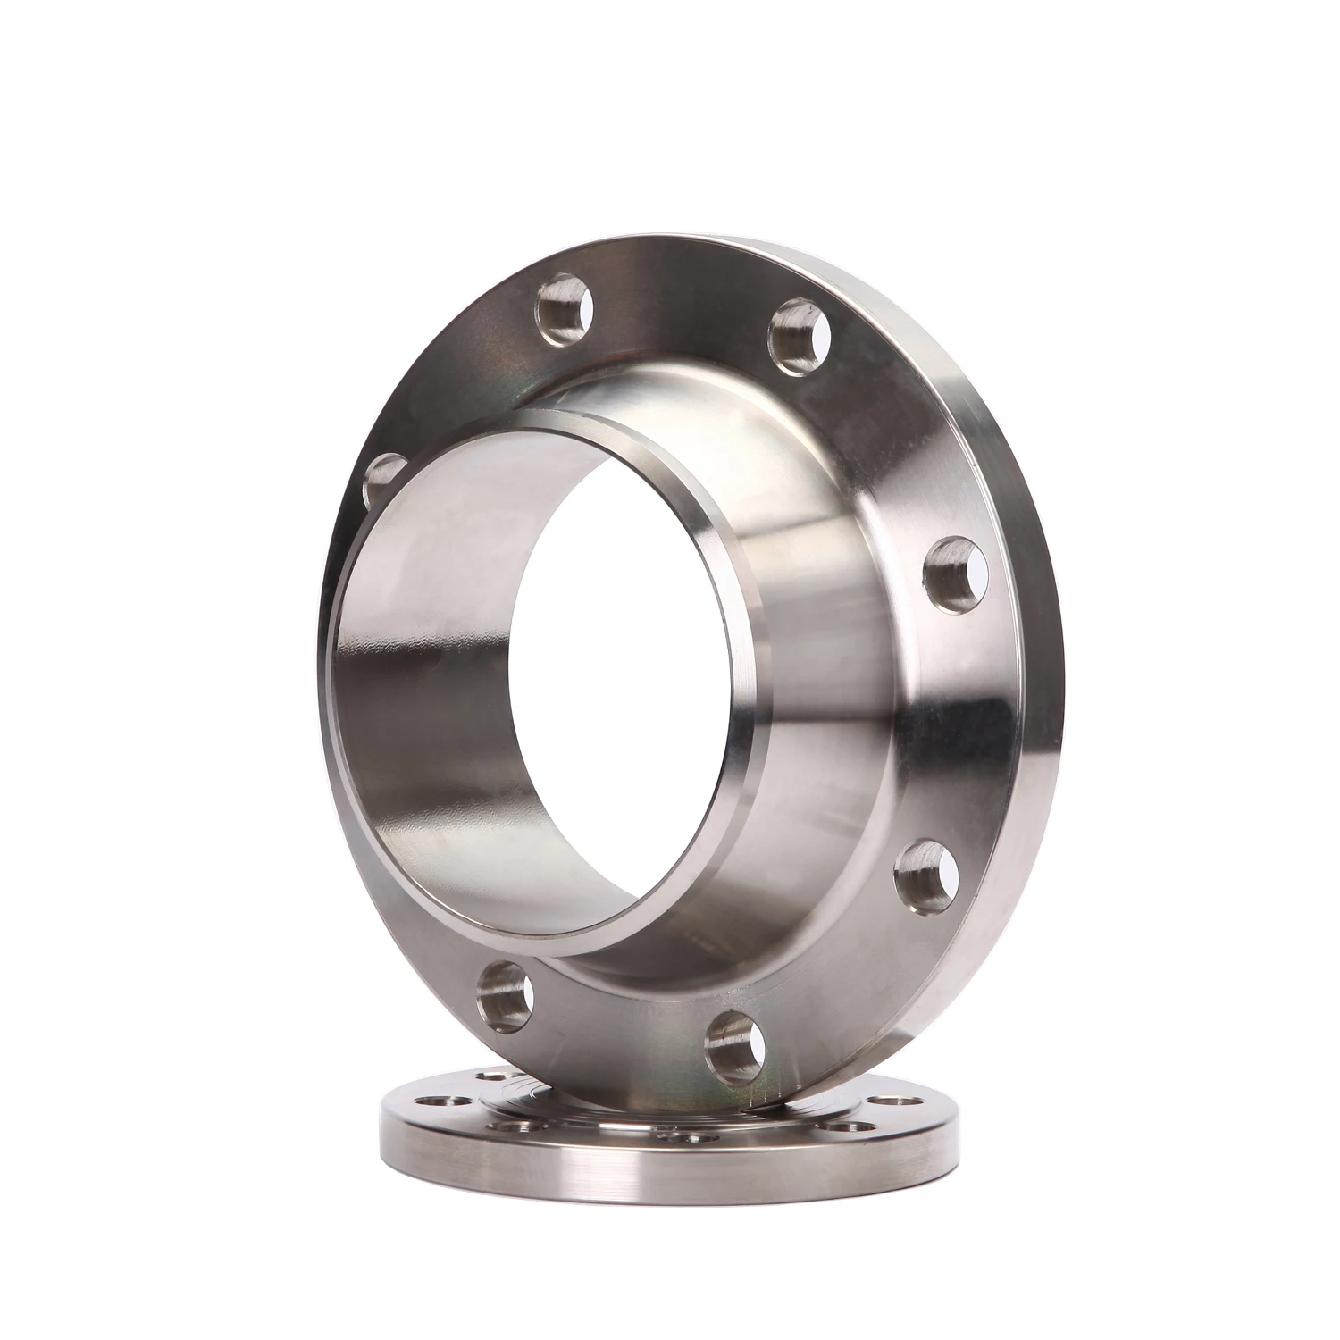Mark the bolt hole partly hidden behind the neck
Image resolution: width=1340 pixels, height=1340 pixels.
coord(382,481)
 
